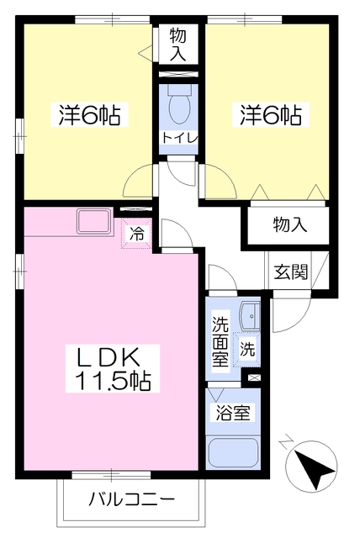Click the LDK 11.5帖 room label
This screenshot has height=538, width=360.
click(113, 368)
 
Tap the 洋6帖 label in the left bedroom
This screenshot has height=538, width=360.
click(89, 115)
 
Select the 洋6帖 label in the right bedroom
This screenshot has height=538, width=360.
click(271, 115)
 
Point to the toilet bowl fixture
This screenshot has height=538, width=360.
click(179, 104)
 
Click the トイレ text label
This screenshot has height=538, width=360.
click(179, 138)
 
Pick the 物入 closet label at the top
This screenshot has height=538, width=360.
click(178, 44)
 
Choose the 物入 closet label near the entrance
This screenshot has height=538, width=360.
click(290, 224)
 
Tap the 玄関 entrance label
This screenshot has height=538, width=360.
click(291, 272)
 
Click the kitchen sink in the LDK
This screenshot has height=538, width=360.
click(95, 221)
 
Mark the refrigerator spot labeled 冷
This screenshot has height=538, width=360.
click(136, 234)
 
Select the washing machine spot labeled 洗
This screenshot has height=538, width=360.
click(247, 349)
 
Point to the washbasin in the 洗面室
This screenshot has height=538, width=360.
click(250, 316)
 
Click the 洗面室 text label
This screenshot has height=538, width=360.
click(220, 341)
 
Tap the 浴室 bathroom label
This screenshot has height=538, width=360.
click(233, 413)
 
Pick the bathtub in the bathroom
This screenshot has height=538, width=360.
click(233, 452)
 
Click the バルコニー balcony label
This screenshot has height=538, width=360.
click(132, 498)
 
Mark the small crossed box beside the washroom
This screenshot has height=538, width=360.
click(254, 377)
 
